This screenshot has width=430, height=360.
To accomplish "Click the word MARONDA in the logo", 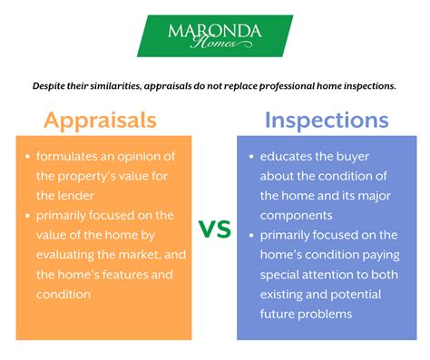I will coord(214,32).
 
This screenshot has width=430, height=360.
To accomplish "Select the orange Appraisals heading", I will coord(100,120).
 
